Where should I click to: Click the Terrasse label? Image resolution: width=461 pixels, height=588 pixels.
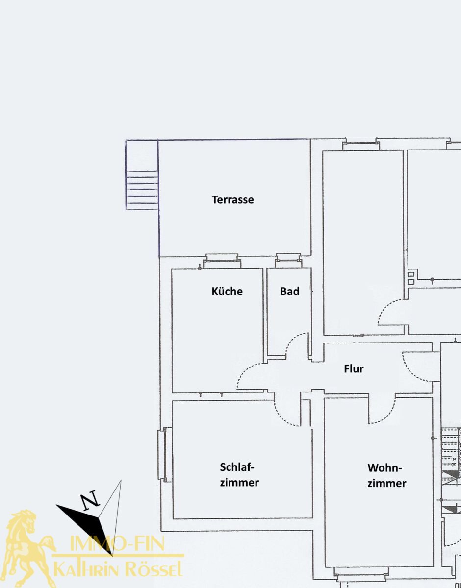pos(232,200)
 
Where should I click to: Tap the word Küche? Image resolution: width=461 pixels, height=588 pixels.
pos(227,291)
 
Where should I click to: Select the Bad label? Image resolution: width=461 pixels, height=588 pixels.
pos(290,291)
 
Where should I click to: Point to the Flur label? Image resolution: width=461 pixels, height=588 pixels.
pos(354,368)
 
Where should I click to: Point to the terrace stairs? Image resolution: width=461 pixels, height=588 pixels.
pos(142,190)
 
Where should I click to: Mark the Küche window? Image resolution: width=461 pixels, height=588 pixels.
pos(222,261)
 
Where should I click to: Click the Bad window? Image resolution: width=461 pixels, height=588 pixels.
pos(288,261)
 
